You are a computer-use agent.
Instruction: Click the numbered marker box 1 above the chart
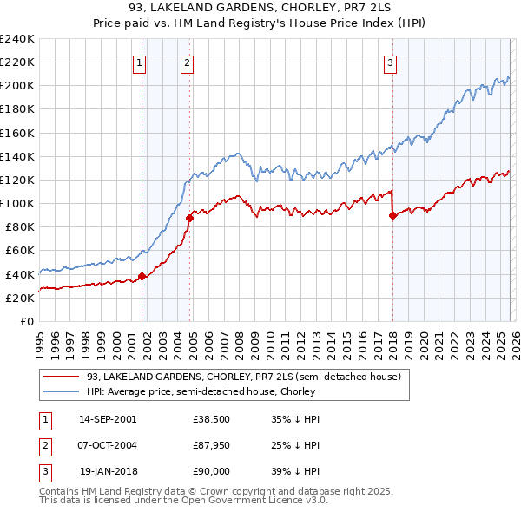coord(140,62)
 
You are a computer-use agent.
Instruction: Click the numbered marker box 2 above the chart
coord(188,62)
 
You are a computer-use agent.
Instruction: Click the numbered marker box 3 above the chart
coord(391,62)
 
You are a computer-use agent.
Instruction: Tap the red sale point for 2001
coord(142,277)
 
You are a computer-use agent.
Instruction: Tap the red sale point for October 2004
coord(189,219)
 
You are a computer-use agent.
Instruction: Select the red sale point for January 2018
coord(392,216)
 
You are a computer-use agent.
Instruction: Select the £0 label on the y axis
coord(26,321)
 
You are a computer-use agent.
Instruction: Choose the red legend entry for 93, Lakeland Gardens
coord(243,377)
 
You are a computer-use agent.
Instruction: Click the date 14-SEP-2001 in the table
coord(108,418)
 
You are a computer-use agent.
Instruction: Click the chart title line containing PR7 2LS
coord(260,9)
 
